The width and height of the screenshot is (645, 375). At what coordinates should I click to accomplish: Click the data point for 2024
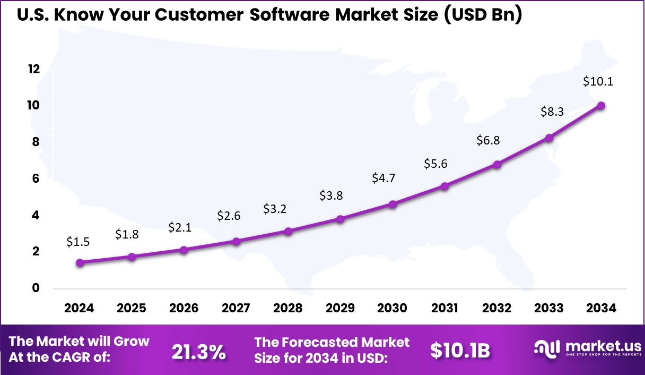(x=80, y=262)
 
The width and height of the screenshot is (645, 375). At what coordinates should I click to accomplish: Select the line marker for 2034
(x=601, y=105)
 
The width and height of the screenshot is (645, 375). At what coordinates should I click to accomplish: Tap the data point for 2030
(x=393, y=204)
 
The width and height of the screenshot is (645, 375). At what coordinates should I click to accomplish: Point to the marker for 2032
(x=497, y=164)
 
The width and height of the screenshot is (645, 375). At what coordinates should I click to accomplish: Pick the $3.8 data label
(x=331, y=195)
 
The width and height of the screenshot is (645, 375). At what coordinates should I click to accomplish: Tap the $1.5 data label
(x=78, y=242)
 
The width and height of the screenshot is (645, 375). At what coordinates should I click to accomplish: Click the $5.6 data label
(x=435, y=164)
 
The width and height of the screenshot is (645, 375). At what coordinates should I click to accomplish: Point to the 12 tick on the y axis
(x=34, y=69)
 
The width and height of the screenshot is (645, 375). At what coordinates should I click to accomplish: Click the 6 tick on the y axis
(x=36, y=178)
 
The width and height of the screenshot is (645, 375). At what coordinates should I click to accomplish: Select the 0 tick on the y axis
(x=36, y=288)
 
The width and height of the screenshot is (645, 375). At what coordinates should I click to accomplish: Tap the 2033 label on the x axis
(x=549, y=308)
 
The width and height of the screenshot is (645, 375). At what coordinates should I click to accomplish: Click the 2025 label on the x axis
(x=132, y=308)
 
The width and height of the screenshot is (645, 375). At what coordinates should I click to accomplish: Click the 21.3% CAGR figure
(x=199, y=351)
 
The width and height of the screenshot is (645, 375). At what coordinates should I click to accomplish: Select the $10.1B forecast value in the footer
(x=459, y=350)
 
